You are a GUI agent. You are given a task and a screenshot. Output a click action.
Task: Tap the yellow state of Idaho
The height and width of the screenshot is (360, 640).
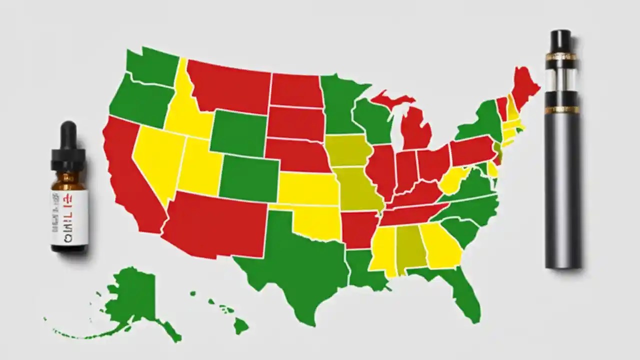click(185, 110)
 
